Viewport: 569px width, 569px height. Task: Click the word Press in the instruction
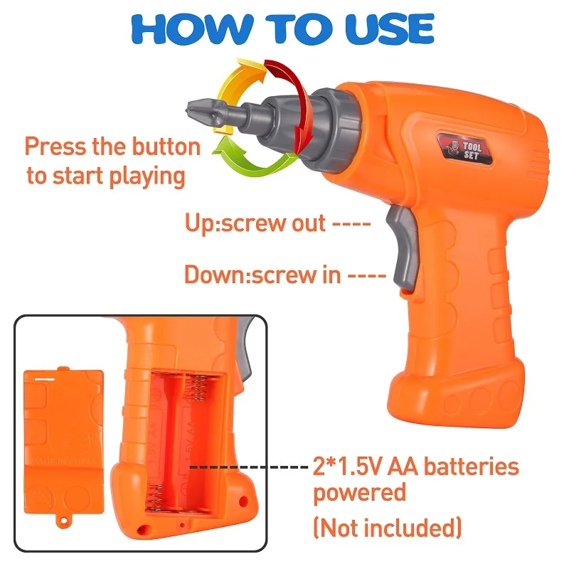tap(55, 147)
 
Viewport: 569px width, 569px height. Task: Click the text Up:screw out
tap(256, 223)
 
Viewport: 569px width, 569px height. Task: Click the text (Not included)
tap(388, 527)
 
